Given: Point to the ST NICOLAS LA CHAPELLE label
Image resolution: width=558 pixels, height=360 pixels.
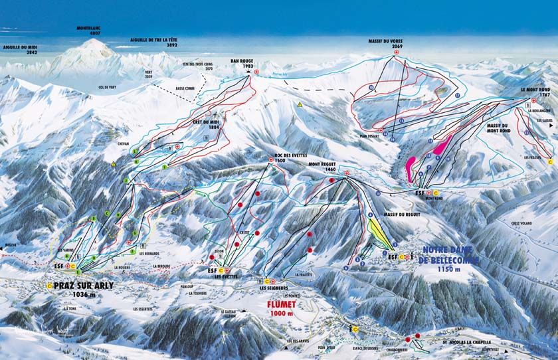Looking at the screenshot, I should click(469, 343).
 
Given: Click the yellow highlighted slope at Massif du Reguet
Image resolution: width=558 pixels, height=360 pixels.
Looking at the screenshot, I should click(379, 232).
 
